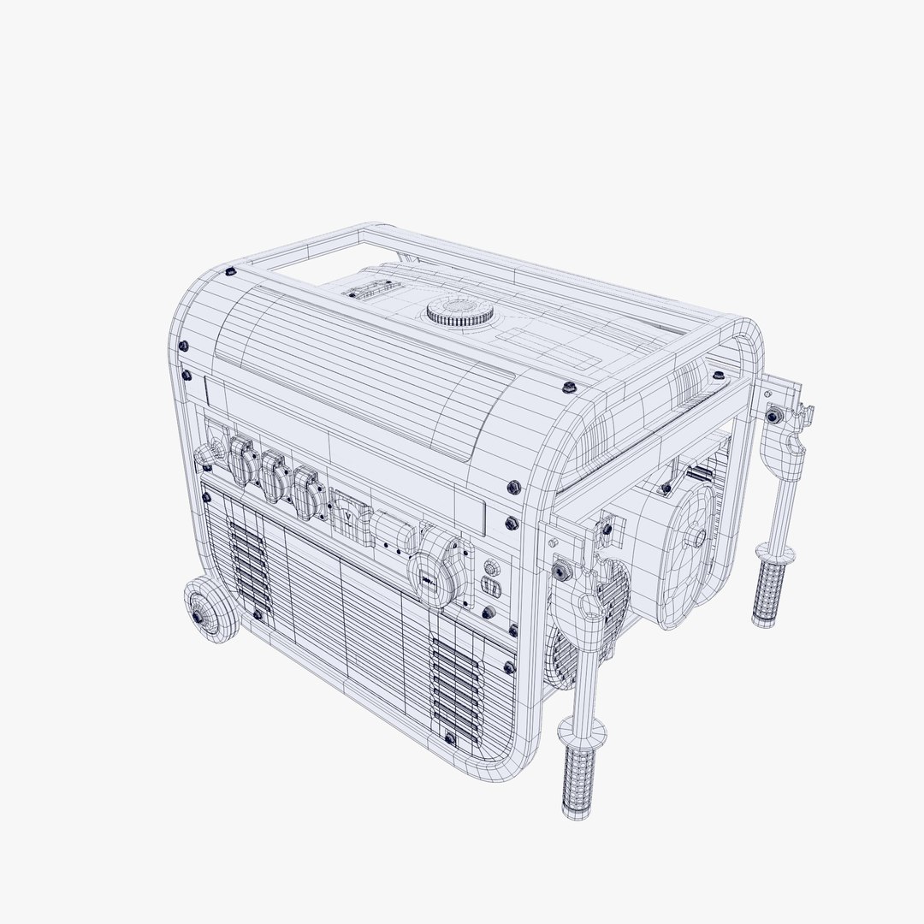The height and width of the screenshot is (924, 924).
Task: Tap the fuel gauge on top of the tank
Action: click(364, 291)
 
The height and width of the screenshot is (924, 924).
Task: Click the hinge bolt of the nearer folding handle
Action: click(563, 567)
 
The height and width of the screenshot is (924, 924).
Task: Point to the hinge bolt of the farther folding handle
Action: click(773, 415)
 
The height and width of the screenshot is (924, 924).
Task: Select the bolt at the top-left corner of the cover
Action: click(230, 272)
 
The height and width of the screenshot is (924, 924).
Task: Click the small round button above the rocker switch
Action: click(491, 567)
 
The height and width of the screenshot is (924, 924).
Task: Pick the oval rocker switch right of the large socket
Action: click(490, 586)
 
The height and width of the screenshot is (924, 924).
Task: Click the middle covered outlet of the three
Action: click(273, 477)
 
